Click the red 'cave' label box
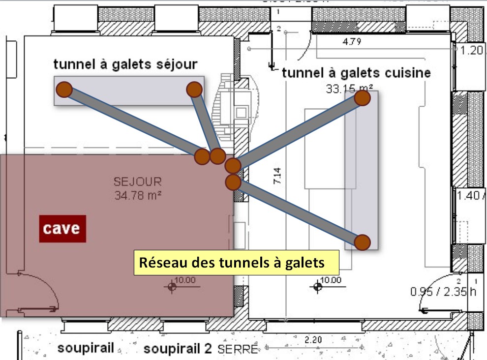63,229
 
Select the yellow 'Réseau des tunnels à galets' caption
237,262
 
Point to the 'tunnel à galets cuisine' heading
356,73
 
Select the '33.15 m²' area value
350,89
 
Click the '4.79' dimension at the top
352,42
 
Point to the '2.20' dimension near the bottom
312,340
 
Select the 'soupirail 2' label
177,349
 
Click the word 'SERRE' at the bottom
238,350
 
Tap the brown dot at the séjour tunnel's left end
64,90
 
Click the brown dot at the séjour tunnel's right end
194,89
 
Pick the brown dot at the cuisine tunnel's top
362,98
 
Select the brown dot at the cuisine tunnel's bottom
362,241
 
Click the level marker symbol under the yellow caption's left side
172,286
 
